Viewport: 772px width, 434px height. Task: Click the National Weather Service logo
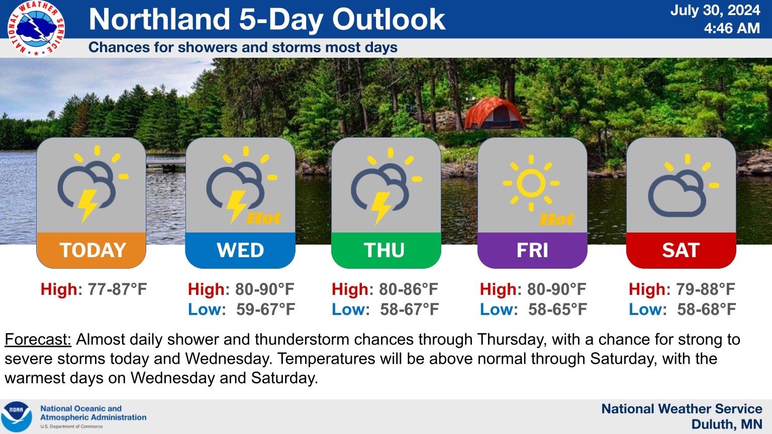[36, 28]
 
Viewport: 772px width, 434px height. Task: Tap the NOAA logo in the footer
[17, 416]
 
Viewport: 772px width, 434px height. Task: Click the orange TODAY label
[92, 250]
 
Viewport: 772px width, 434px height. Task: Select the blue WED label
[240, 250]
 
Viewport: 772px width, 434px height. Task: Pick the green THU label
[384, 250]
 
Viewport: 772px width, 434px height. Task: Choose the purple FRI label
[532, 250]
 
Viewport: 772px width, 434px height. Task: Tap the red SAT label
[681, 250]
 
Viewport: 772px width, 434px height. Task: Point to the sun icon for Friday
[531, 183]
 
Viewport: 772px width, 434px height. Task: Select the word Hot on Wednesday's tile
[263, 218]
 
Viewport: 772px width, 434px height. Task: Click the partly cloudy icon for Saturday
[681, 188]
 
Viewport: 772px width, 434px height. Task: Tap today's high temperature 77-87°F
[117, 289]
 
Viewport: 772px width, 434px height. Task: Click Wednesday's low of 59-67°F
[265, 309]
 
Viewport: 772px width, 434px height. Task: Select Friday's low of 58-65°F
[557, 309]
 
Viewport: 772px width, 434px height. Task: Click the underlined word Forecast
[38, 340]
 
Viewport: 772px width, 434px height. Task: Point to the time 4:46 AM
[732, 28]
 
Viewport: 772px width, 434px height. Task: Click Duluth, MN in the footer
[727, 424]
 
